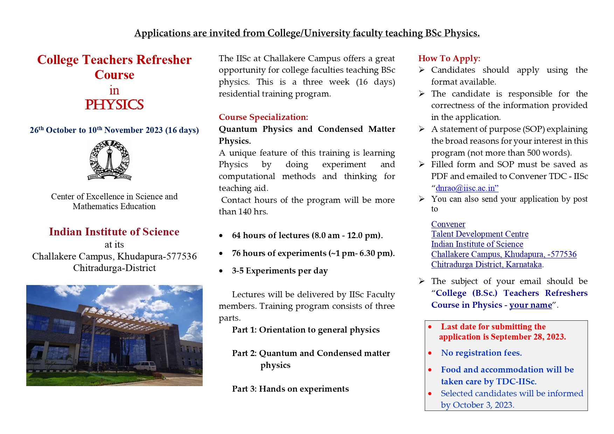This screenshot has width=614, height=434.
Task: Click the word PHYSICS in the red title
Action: [114, 105]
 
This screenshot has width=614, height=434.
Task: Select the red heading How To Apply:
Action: [449, 58]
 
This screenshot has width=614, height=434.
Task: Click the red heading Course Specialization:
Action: [263, 117]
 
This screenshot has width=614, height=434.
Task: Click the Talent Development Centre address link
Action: [480, 234]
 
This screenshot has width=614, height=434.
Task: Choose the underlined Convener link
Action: [448, 224]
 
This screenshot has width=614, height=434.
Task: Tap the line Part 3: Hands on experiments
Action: [290, 389]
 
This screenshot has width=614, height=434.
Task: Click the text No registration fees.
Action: [481, 353]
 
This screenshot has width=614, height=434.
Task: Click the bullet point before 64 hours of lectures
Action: [221, 236]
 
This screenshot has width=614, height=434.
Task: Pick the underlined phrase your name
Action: [530, 305]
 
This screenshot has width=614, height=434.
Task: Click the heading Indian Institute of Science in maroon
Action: [114, 232]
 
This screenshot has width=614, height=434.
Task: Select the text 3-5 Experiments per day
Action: [280, 271]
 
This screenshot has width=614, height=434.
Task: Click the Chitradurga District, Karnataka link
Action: [486, 264]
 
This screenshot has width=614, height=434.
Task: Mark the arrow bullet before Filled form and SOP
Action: [422, 164]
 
